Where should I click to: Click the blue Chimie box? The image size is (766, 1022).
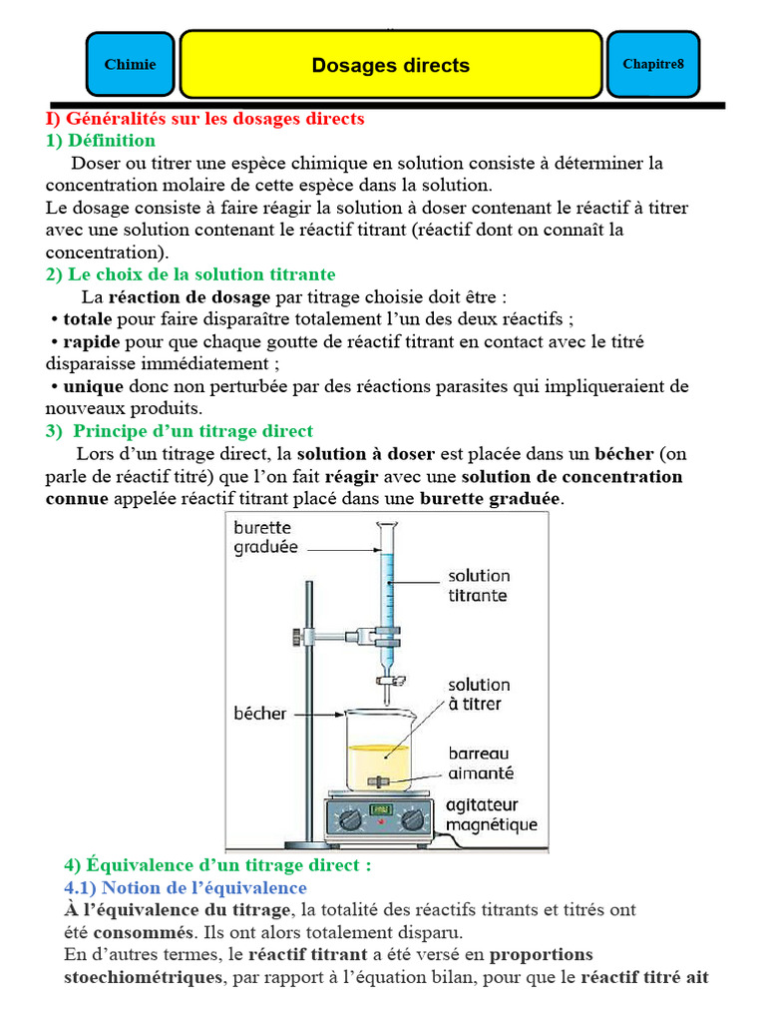130,65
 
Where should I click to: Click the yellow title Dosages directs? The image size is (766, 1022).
390,66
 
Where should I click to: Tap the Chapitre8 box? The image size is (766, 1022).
653,65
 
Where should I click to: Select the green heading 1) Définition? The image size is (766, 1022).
101,141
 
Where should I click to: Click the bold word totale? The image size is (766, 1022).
88,319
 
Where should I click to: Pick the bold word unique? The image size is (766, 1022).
93,386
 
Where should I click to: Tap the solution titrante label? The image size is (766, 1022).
478,585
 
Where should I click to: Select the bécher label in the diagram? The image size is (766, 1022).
260,713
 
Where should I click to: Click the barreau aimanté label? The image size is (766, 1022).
481,764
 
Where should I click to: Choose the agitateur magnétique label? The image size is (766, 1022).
490,815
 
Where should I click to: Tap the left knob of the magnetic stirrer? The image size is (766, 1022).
349,818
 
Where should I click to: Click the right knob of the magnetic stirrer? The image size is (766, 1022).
412,819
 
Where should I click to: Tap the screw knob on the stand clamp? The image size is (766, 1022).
297,635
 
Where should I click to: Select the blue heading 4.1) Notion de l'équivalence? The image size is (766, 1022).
186,887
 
